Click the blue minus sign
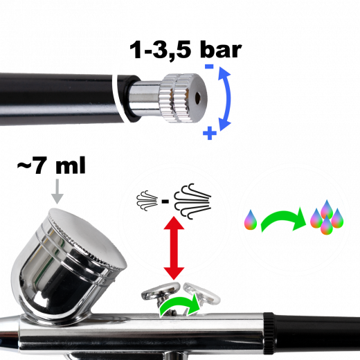coord(208,66)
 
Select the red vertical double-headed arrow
coord(173,249)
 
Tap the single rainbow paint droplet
coord(251,220)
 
